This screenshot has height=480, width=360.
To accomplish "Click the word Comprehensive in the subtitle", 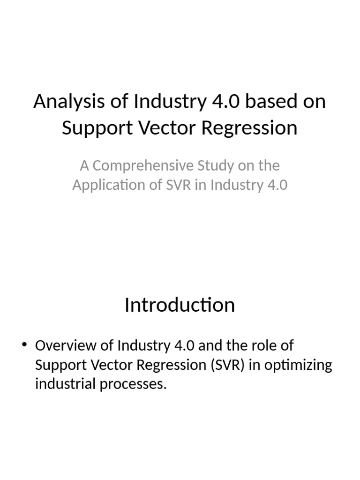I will tap(138, 165).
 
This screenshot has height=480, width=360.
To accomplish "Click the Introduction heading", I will tap(180, 305).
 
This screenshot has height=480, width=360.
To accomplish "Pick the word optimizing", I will tap(298, 365).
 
